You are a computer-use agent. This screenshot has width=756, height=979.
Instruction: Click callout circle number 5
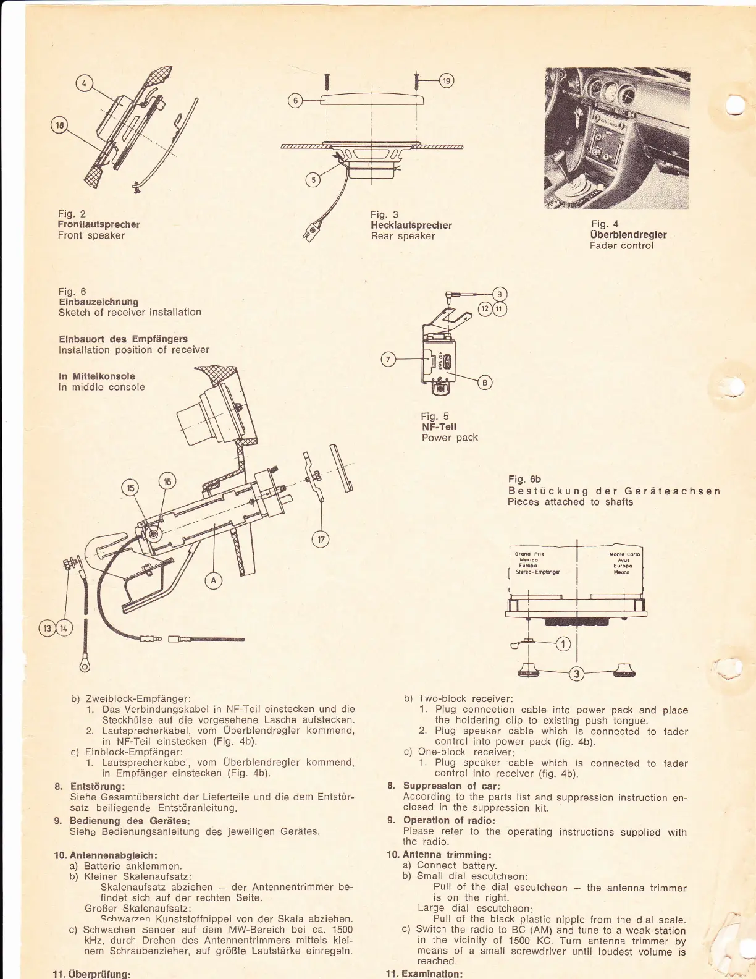click(x=314, y=180)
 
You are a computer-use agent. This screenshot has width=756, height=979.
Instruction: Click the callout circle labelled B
click(x=484, y=383)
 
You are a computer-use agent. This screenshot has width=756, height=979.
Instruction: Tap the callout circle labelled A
click(x=214, y=580)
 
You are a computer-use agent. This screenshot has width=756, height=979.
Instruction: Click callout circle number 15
click(x=130, y=488)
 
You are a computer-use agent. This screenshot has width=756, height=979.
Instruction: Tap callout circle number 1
click(x=563, y=644)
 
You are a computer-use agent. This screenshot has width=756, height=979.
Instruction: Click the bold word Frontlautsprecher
click(x=99, y=224)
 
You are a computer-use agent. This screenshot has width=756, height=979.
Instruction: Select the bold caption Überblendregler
click(x=628, y=235)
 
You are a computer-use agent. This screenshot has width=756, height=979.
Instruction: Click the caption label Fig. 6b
click(x=524, y=479)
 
